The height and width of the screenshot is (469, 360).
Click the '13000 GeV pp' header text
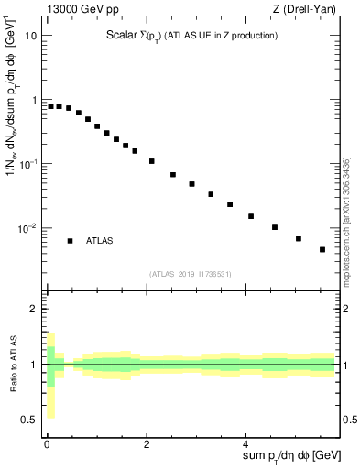80,9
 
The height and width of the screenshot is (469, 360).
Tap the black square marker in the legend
70,241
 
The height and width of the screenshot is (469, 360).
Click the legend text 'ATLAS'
100,241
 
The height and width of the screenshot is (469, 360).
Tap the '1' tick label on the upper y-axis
35,100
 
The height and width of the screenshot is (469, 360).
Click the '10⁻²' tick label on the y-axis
28,228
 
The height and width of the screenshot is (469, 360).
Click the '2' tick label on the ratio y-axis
35,309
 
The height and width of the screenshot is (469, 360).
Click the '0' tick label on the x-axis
47,443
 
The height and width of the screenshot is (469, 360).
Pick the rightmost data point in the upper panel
322,249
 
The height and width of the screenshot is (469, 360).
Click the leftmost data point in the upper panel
50,106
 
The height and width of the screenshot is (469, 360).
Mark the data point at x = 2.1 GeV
152,161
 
